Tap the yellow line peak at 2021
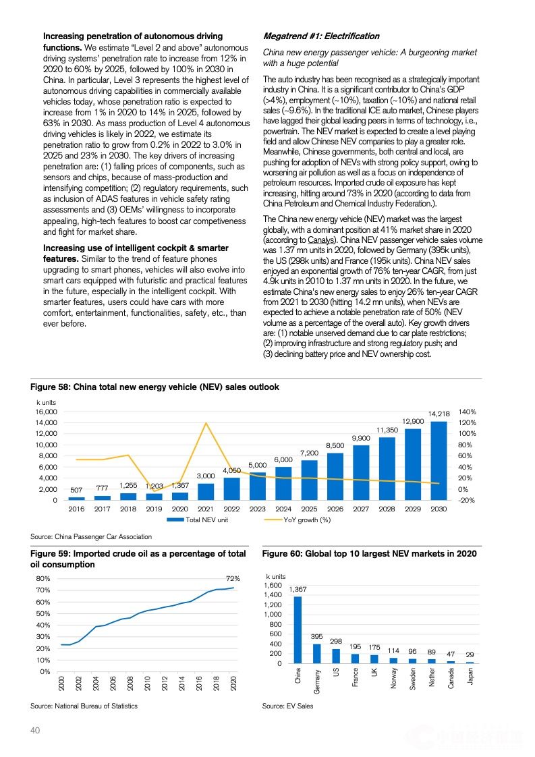click(206, 423)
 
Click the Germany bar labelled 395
click(316, 654)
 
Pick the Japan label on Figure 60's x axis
click(470, 677)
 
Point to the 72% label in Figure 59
click(233, 579)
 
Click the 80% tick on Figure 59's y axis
click(43, 579)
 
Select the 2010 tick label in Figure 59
click(147, 683)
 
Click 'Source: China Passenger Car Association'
click(91, 536)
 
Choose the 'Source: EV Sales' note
click(287, 706)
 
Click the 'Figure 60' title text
click(369, 554)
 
